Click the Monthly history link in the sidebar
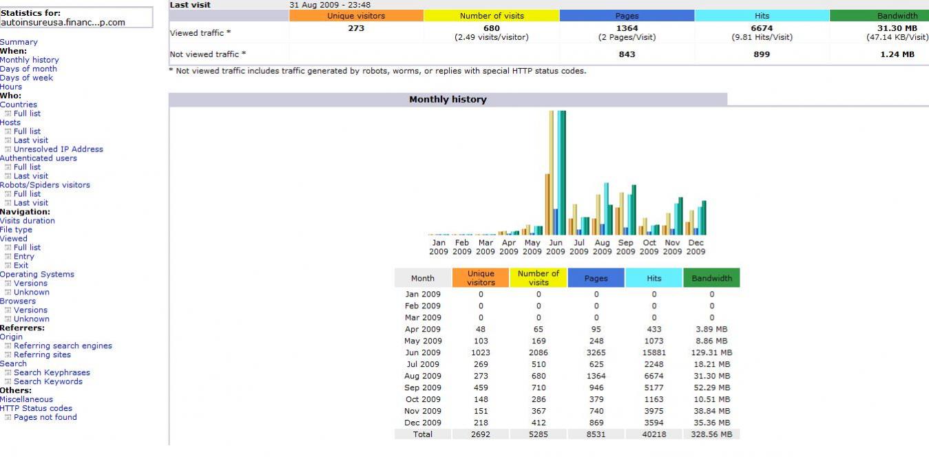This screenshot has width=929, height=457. (x=30, y=60)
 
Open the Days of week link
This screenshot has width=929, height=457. (x=27, y=78)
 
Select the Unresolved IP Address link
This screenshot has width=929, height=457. (x=59, y=149)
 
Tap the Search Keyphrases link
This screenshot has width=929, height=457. (x=52, y=372)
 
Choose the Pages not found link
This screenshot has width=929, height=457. (x=45, y=417)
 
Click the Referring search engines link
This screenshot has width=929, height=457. (x=63, y=346)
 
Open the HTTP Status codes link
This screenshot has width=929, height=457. (x=36, y=408)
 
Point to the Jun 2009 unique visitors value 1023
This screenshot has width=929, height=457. (x=481, y=352)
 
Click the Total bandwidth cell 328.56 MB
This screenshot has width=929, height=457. (x=711, y=434)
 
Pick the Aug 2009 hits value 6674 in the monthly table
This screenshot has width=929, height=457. (x=654, y=376)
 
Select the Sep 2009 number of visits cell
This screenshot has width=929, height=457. (x=539, y=387)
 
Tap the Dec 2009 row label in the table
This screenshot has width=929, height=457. (x=423, y=423)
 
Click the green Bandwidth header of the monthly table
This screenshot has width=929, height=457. (x=711, y=278)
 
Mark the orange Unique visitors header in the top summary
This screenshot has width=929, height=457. (x=356, y=16)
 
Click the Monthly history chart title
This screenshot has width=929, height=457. (x=448, y=100)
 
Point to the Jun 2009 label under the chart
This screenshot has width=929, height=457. (x=556, y=247)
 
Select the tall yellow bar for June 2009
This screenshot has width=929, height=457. (x=552, y=172)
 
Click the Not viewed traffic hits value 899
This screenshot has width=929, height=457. (x=762, y=54)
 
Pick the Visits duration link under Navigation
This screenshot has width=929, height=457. (x=28, y=221)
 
